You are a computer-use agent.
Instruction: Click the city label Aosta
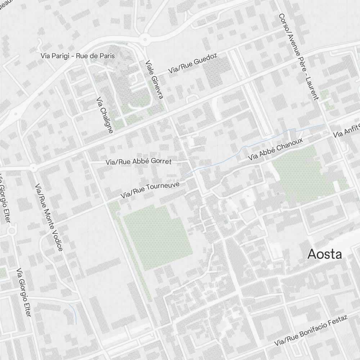pos(324,254)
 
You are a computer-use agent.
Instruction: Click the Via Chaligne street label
pos(105,115)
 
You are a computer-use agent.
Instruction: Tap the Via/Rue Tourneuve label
pos(155,190)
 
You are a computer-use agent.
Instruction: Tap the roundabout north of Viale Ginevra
pos(145,39)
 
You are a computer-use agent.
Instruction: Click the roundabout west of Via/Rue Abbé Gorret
pos(33,167)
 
